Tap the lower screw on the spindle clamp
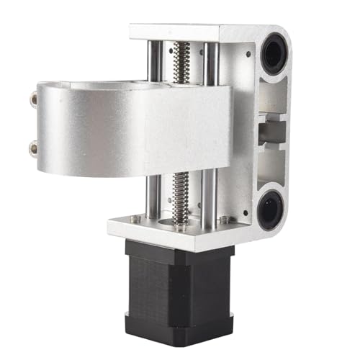click(x=33, y=149)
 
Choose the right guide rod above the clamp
click(x=210, y=61)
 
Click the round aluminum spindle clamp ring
click(x=108, y=130)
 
